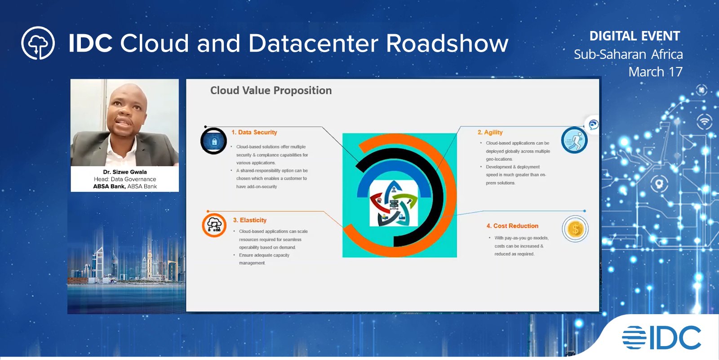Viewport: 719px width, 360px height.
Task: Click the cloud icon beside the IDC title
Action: click(x=38, y=44)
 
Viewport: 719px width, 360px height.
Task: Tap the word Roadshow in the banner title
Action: click(x=447, y=44)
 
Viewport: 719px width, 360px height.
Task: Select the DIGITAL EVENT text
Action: click(x=635, y=36)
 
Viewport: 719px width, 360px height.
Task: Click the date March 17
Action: click(x=655, y=72)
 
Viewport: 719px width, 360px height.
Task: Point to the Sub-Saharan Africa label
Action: click(x=628, y=54)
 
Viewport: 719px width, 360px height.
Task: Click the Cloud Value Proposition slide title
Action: click(x=271, y=90)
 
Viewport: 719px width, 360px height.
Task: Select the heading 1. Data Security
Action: click(x=254, y=132)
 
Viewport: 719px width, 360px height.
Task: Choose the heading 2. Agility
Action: click(x=490, y=132)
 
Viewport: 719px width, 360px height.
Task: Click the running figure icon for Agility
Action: click(x=574, y=140)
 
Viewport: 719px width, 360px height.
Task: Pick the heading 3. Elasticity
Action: click(x=250, y=220)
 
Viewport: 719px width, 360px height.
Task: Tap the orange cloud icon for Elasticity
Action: click(x=214, y=225)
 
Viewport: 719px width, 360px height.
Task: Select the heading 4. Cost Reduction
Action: click(x=512, y=226)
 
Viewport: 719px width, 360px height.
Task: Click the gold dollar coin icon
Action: click(x=575, y=229)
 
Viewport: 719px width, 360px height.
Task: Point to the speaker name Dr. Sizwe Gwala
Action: click(x=125, y=172)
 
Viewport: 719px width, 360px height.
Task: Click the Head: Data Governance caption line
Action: click(x=125, y=179)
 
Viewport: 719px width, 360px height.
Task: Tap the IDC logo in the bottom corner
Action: click(x=661, y=338)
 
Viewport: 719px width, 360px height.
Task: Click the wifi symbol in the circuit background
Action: click(x=704, y=121)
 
